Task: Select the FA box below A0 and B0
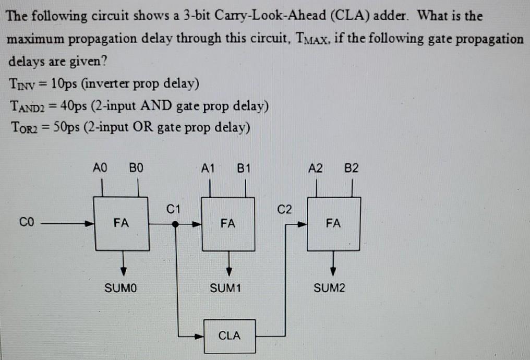(x=122, y=223)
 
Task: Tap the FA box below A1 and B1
(x=228, y=223)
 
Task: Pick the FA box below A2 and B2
(x=334, y=223)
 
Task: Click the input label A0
(x=99, y=168)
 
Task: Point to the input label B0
(x=136, y=168)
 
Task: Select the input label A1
(x=208, y=168)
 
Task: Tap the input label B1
(x=244, y=168)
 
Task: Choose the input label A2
(x=315, y=168)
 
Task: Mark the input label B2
(x=352, y=168)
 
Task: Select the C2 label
(x=284, y=210)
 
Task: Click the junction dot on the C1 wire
(x=176, y=224)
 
